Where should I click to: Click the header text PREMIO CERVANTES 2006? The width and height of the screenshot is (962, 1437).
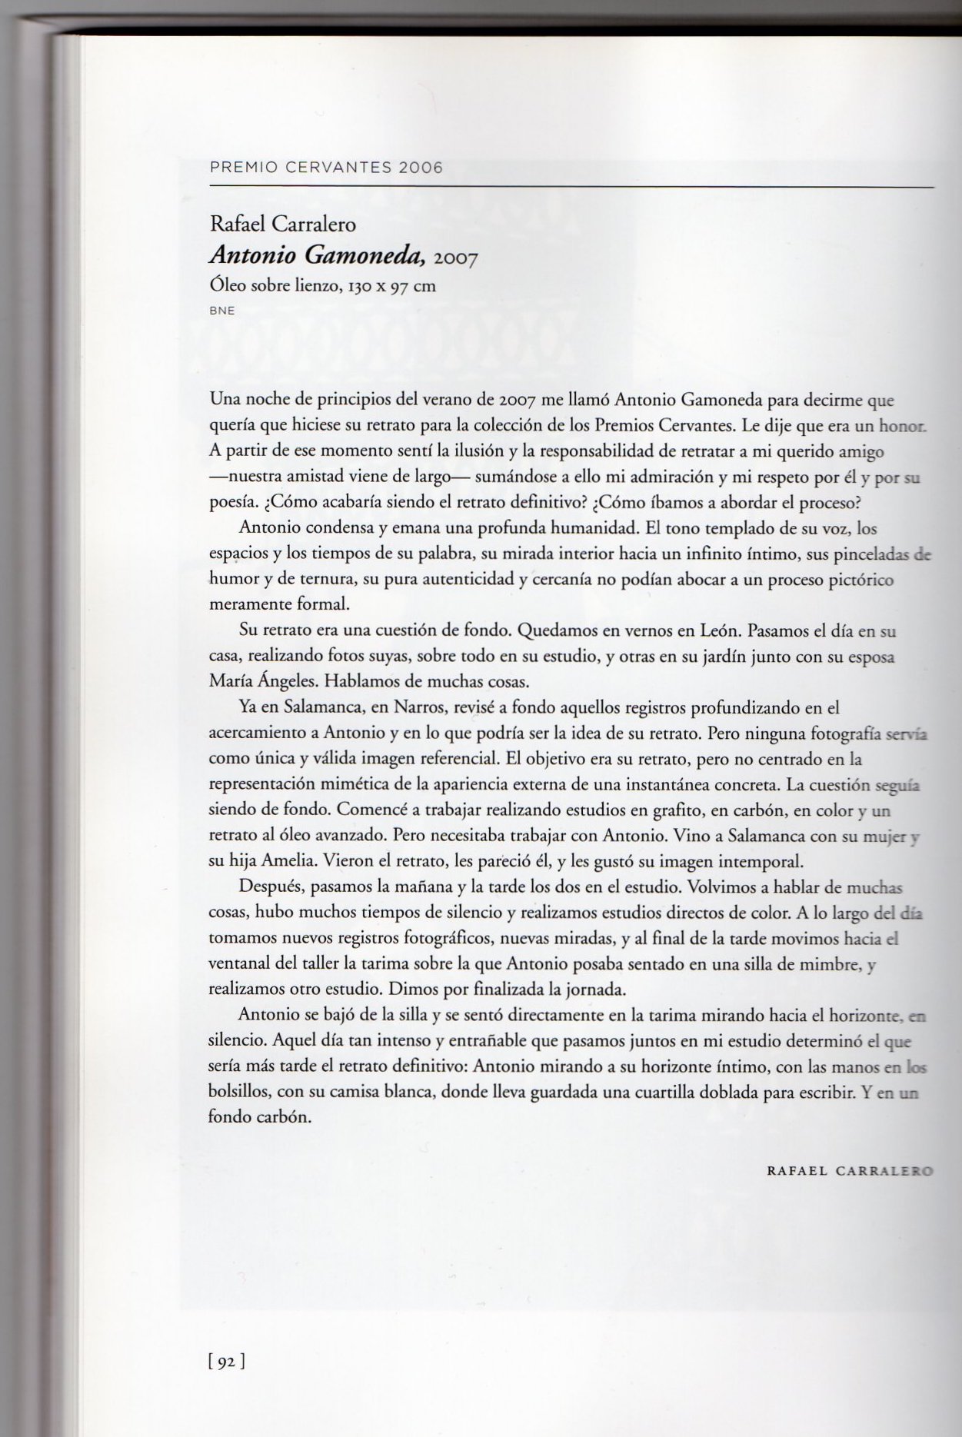(x=326, y=168)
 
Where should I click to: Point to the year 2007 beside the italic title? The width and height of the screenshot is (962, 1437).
(x=456, y=258)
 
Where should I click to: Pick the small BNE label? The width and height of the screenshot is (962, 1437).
(x=221, y=311)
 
